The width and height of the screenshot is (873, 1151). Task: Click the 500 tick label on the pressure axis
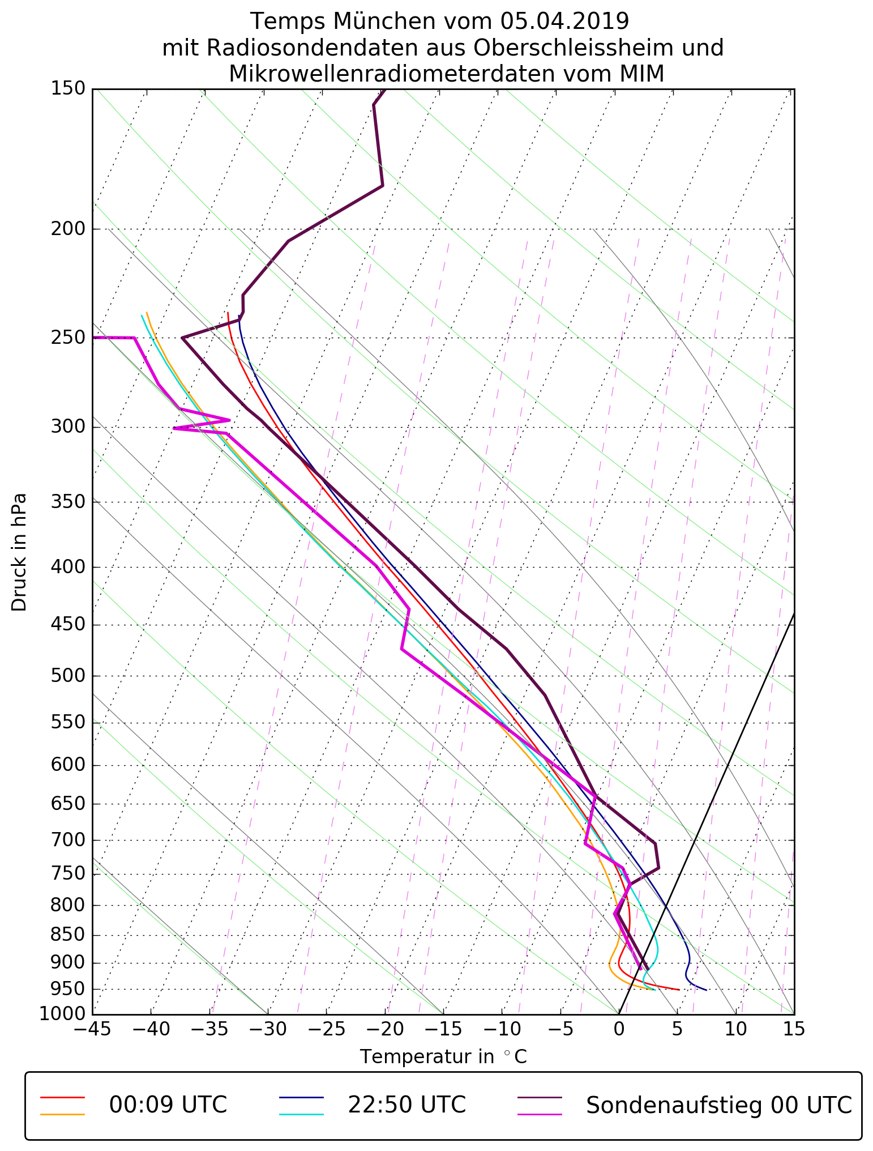(x=67, y=676)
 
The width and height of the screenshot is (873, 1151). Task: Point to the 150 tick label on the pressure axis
(x=67, y=88)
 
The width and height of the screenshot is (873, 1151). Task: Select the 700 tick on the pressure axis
(x=67, y=840)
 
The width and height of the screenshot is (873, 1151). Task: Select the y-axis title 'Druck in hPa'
(x=19, y=552)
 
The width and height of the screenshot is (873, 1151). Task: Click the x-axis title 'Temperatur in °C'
(x=443, y=1057)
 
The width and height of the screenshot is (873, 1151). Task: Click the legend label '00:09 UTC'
(x=168, y=1105)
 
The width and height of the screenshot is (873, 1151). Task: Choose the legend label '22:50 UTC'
(x=406, y=1105)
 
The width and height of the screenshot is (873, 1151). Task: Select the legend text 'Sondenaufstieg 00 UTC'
(x=718, y=1105)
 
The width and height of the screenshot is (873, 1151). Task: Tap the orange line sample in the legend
(x=62, y=1114)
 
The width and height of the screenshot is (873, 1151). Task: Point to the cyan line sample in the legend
(x=301, y=1114)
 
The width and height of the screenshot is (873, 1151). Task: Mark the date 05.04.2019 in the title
(x=564, y=22)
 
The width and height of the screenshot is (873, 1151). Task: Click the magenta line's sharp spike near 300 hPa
(x=229, y=420)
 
